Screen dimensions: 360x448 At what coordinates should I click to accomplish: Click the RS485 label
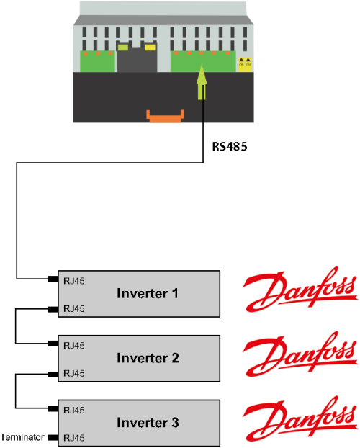[230, 146]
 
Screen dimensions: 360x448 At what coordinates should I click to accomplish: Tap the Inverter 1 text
[148, 293]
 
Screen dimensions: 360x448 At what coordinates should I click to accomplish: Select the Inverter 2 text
[148, 358]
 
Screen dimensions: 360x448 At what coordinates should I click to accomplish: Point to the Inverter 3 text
[148, 423]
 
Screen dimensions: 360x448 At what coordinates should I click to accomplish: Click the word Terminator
[22, 437]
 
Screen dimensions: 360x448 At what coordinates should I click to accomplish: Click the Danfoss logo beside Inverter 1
[300, 289]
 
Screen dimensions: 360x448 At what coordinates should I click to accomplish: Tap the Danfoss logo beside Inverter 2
[300, 354]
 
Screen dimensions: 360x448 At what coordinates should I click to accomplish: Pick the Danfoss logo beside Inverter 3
[300, 418]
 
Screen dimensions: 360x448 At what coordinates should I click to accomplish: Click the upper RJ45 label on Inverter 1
[74, 281]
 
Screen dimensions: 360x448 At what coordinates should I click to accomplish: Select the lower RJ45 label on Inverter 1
[74, 308]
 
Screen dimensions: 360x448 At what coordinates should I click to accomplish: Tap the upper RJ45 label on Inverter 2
[74, 346]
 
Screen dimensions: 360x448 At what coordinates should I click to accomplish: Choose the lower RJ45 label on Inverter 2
[74, 373]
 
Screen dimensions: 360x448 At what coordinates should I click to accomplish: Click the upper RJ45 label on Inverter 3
[74, 410]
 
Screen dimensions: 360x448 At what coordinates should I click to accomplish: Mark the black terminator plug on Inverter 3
[53, 437]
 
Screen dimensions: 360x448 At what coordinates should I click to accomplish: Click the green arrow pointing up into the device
[202, 82]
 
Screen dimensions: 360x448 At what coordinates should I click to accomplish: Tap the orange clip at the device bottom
[165, 116]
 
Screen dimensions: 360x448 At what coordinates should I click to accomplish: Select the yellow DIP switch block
[245, 64]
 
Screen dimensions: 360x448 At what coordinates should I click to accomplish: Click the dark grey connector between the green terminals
[137, 59]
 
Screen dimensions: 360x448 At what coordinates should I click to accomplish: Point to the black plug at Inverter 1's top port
[53, 279]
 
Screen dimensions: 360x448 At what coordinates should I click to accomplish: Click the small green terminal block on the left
[97, 61]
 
